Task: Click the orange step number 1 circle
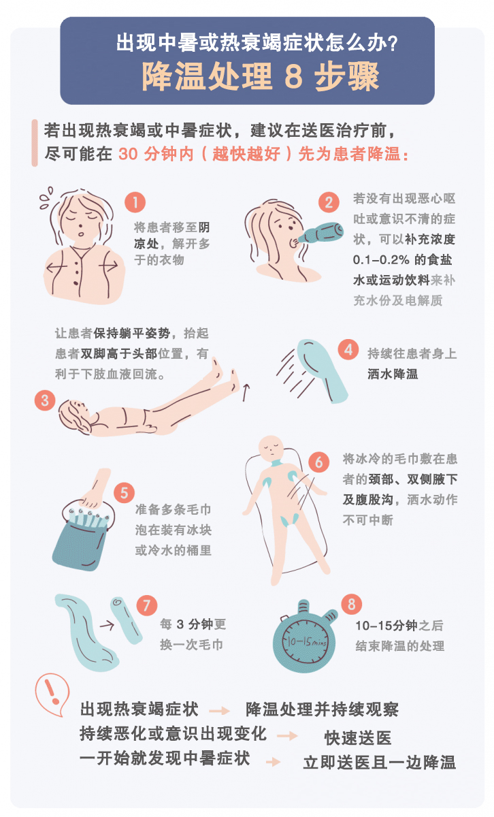(x=135, y=202)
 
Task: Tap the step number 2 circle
(x=329, y=202)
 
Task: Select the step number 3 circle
(x=45, y=400)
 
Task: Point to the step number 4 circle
(x=348, y=351)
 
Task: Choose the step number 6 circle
(x=318, y=461)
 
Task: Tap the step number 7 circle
(x=147, y=605)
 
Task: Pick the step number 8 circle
(x=351, y=603)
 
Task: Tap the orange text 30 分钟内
(x=158, y=153)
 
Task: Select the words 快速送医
(x=357, y=739)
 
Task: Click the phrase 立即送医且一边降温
(x=379, y=763)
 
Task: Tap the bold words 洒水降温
(x=393, y=374)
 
